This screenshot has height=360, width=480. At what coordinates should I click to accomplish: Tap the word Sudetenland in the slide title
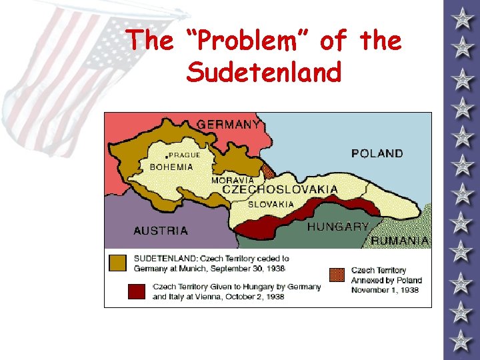point(264,72)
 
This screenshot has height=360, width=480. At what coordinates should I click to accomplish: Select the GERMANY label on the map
point(229,125)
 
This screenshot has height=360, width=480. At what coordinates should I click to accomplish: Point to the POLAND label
point(377,153)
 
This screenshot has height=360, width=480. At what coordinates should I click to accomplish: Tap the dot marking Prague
point(166,155)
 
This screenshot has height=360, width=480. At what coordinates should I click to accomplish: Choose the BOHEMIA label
point(171,167)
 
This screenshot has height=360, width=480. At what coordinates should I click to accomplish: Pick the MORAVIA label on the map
point(232,180)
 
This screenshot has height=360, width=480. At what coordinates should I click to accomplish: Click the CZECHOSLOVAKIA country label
point(279,190)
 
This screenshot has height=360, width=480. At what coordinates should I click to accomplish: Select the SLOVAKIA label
point(271,205)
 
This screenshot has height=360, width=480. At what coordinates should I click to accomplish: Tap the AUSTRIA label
point(161,231)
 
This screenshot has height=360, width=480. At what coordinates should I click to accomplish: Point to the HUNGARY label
point(337,227)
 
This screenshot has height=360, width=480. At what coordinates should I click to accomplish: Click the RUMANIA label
point(400,240)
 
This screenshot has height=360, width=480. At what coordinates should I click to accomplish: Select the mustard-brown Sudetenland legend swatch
point(117,263)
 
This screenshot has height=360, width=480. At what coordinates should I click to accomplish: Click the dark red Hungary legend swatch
point(137,291)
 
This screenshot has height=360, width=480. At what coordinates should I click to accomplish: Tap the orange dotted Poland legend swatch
point(337,275)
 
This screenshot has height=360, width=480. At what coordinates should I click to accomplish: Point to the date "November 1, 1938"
point(385,291)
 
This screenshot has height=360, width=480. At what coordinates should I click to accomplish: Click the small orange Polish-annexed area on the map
point(268,172)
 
